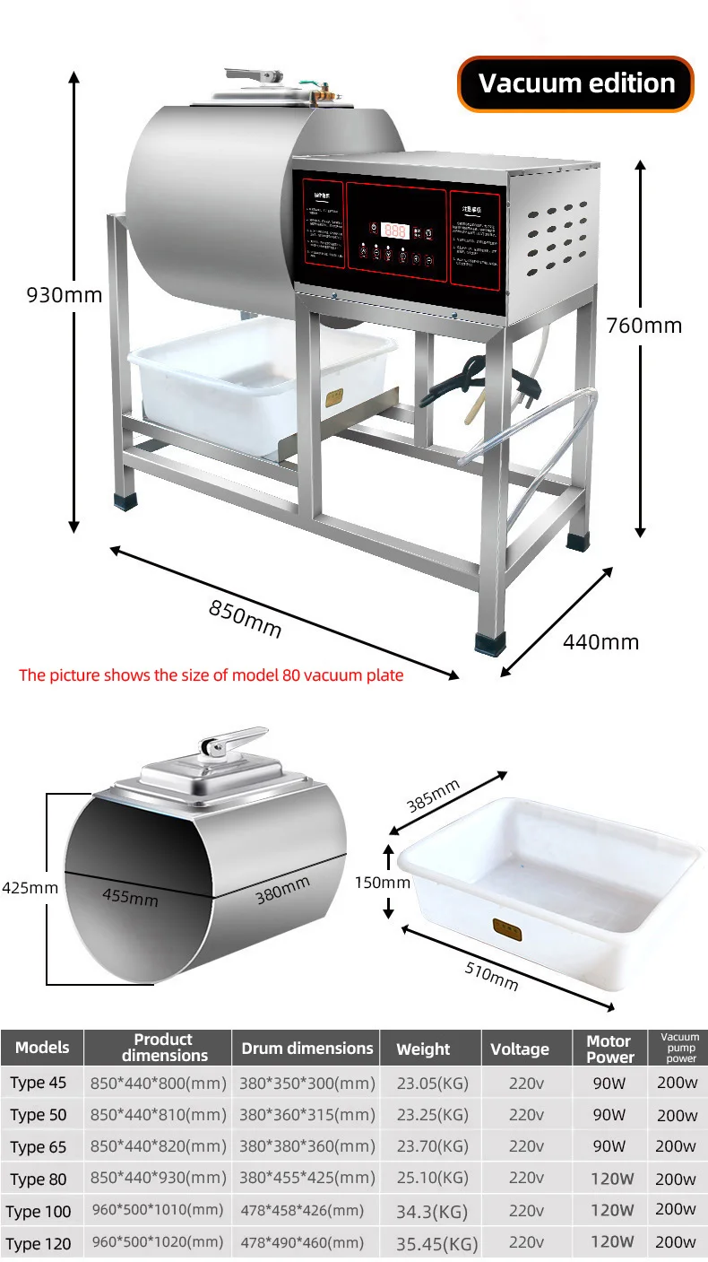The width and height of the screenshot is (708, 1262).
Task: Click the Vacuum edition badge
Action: click(x=576, y=83)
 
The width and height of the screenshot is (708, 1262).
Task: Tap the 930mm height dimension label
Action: click(x=64, y=294)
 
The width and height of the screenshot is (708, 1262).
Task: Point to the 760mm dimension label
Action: click(x=643, y=325)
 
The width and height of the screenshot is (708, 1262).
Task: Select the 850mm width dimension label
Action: click(x=245, y=618)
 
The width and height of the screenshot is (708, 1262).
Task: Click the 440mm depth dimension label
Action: click(x=600, y=641)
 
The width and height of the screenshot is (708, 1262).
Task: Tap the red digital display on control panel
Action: click(x=394, y=231)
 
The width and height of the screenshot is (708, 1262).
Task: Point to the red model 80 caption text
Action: click(x=212, y=675)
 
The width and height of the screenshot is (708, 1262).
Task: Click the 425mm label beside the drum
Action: click(x=29, y=888)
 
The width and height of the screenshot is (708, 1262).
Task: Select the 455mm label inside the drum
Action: click(x=130, y=895)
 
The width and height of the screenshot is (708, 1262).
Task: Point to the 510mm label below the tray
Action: click(x=491, y=975)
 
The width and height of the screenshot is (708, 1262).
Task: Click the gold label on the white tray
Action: click(x=506, y=930)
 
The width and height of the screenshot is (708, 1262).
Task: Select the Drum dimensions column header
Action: click(x=307, y=1048)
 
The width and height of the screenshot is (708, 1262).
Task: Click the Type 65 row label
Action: click(x=39, y=1146)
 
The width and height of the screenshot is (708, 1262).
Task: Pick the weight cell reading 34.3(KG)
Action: click(x=432, y=1212)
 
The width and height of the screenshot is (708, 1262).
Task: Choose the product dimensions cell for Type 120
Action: click(x=158, y=1242)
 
